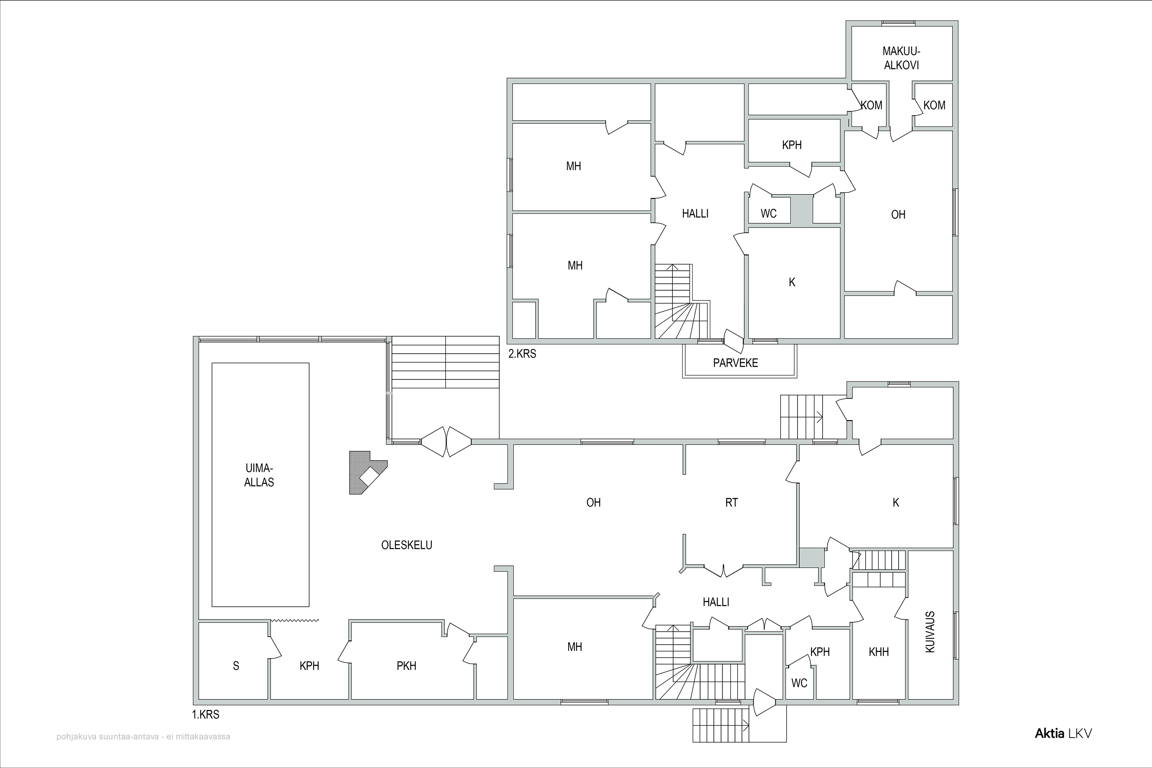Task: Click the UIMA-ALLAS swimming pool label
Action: click(x=259, y=475)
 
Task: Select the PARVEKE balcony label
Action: click(x=735, y=363)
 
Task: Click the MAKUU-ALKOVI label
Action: click(x=901, y=58)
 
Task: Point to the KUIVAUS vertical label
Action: click(x=930, y=632)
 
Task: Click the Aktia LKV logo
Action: click(x=1063, y=733)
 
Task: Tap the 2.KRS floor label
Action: click(x=522, y=354)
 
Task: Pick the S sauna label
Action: click(x=236, y=665)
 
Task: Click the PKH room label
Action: click(x=407, y=665)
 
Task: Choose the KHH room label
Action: click(x=879, y=652)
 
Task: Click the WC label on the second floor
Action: click(x=768, y=214)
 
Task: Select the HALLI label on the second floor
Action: click(x=695, y=214)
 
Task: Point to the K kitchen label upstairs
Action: click(x=792, y=282)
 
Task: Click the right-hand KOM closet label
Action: click(x=934, y=105)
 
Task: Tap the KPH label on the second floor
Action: click(x=792, y=145)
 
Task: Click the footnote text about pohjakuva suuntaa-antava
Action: click(x=143, y=737)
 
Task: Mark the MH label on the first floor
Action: click(x=574, y=647)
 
